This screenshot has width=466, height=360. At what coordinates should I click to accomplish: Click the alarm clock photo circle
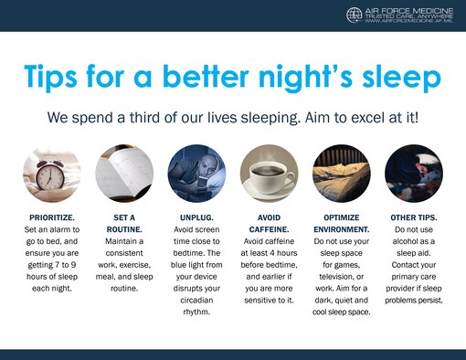point(51,172)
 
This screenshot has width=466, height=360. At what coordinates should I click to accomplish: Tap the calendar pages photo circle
point(122,172)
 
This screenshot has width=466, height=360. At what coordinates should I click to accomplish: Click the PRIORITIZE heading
point(51,217)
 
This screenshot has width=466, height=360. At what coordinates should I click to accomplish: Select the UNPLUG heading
point(196,217)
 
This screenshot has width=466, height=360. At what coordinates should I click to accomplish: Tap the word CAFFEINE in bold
point(269,228)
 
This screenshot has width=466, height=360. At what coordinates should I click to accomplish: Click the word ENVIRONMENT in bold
point(341,228)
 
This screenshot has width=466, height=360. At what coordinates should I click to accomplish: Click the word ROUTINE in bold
point(123,228)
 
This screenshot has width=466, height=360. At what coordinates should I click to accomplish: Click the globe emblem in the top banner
point(355,15)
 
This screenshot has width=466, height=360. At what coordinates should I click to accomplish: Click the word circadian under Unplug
point(196,299)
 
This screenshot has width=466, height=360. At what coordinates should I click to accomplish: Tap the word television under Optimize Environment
point(341,275)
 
